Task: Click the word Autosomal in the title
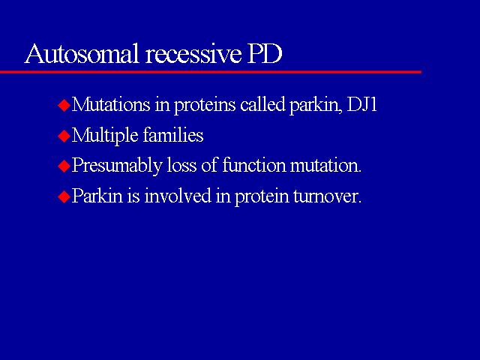pyautogui.click(x=82, y=53)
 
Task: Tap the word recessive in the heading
pyautogui.click(x=193, y=54)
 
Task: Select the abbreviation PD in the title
pyautogui.click(x=265, y=54)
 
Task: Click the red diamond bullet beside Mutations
pyautogui.click(x=64, y=106)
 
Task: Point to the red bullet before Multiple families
pyautogui.click(x=64, y=136)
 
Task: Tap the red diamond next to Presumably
pyautogui.click(x=64, y=166)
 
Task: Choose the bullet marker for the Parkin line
pyautogui.click(x=64, y=196)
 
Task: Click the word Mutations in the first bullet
pyautogui.click(x=111, y=104)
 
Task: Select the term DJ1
pyautogui.click(x=361, y=105)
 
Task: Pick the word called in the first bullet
pyautogui.click(x=263, y=104)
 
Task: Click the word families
pyautogui.click(x=173, y=135)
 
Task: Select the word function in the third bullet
pyautogui.click(x=253, y=165)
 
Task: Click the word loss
pyautogui.click(x=181, y=165)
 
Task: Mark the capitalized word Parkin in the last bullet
pyautogui.click(x=97, y=196)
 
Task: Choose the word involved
pyautogui.click(x=178, y=195)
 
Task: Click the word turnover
pyautogui.click(x=327, y=196)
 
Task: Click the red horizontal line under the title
pyautogui.click(x=211, y=72)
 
